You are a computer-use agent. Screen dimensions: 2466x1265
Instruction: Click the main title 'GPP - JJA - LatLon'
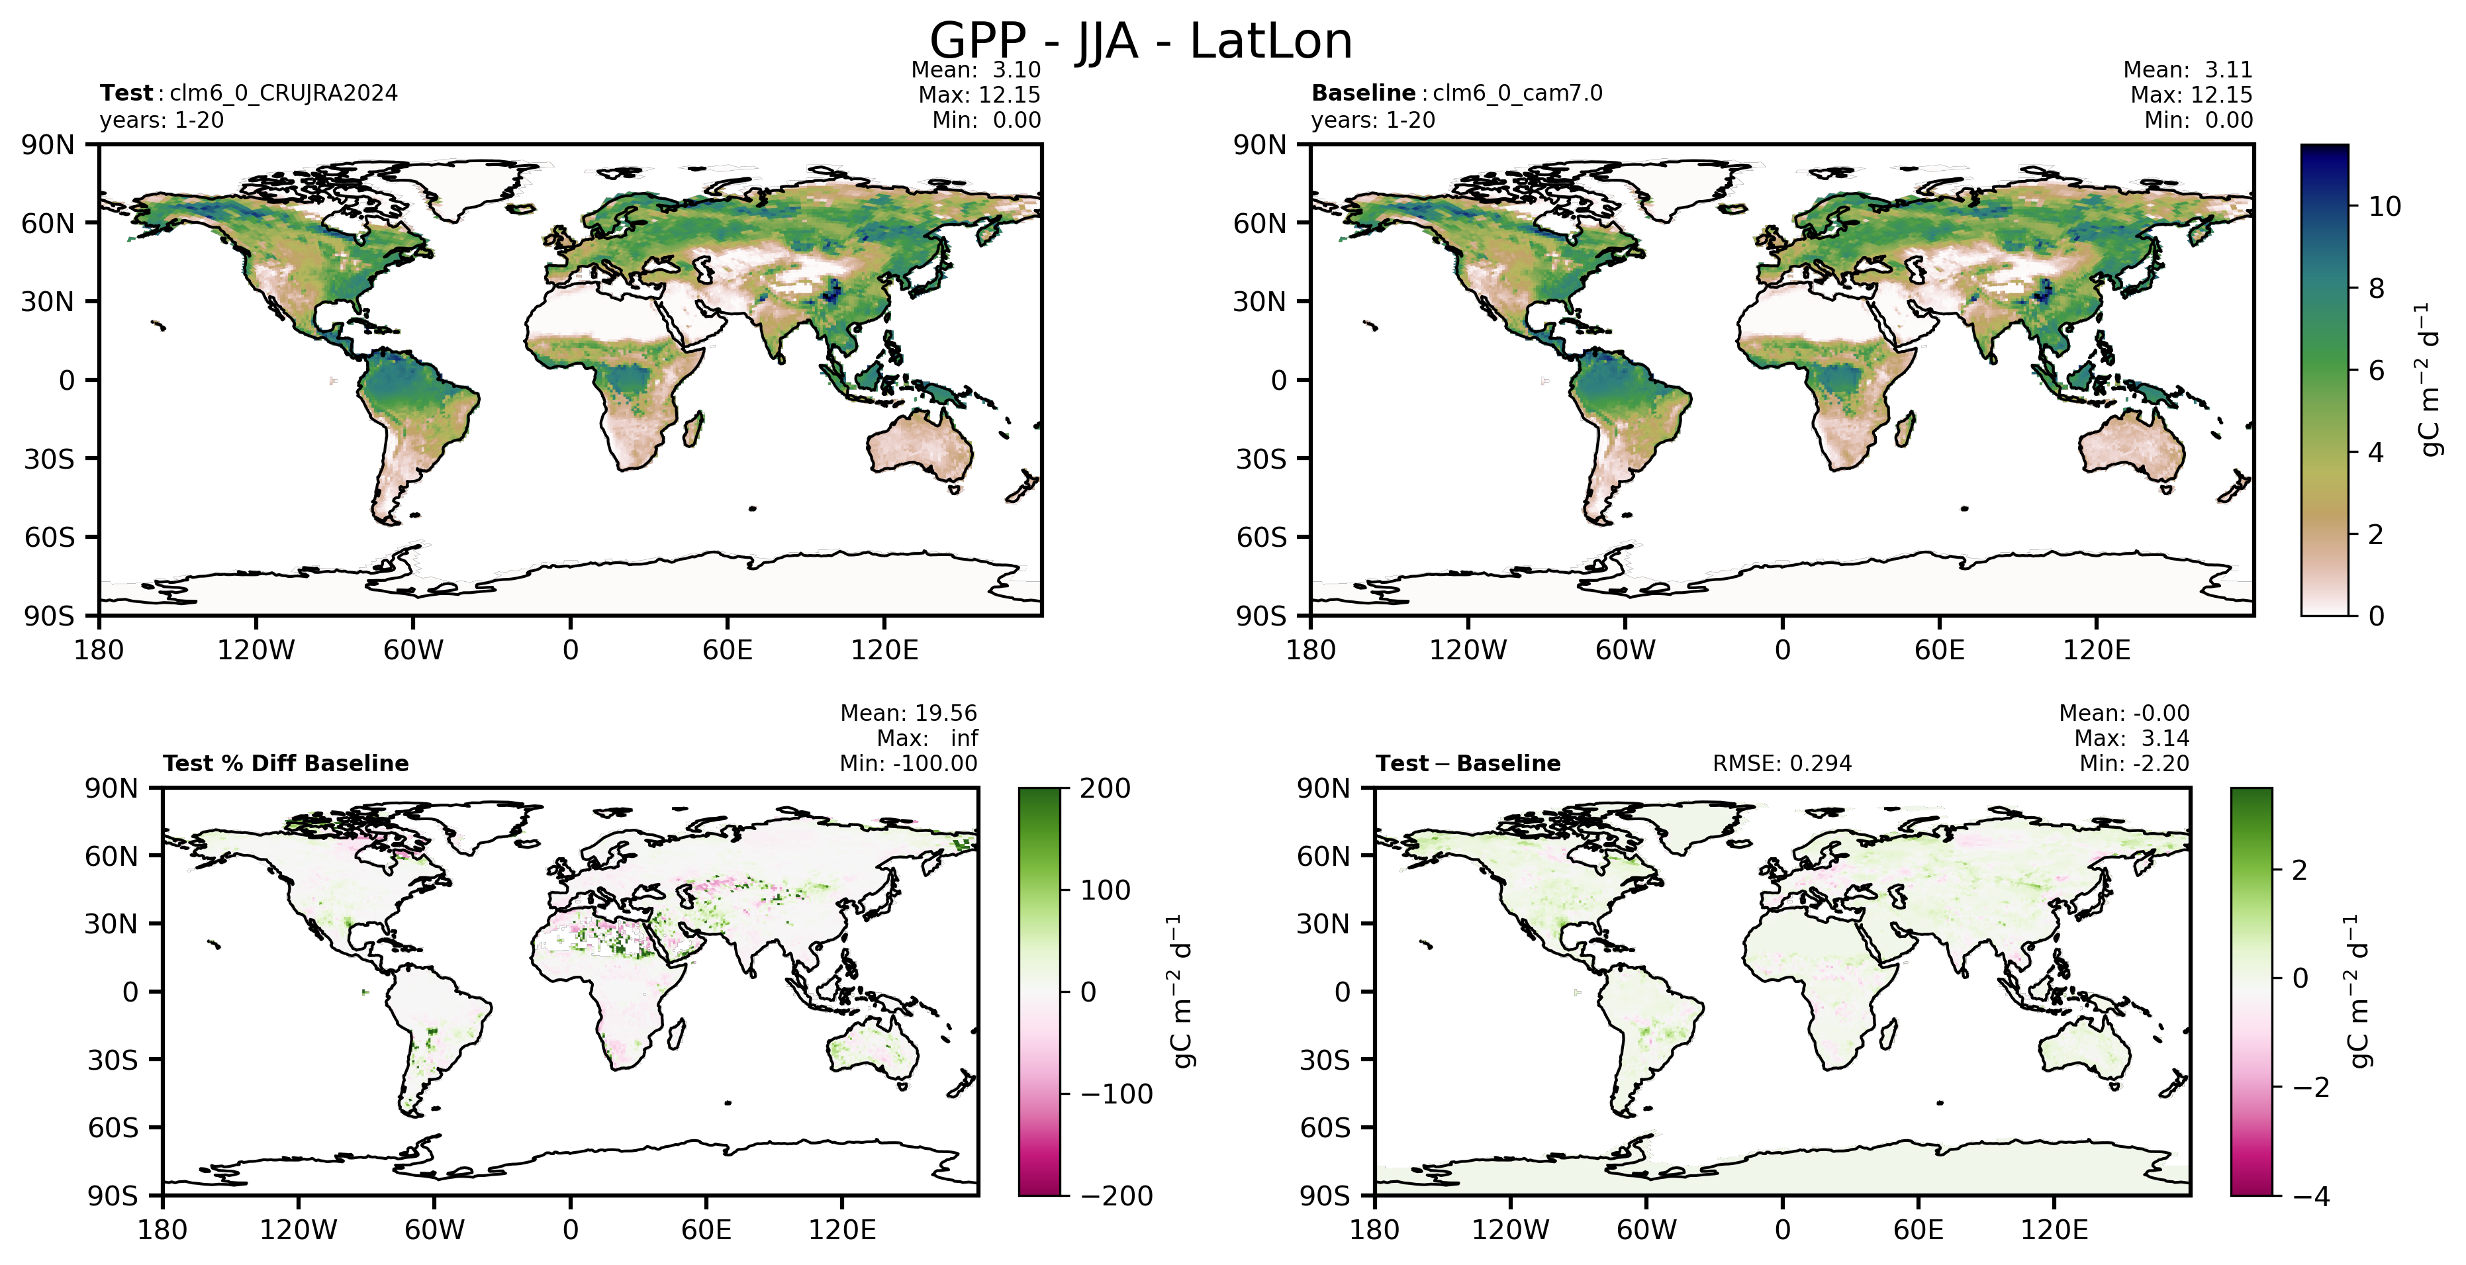1141,41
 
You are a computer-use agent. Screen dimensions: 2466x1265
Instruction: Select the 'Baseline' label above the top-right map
1363,93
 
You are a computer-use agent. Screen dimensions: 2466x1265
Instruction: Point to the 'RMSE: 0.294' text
1781,764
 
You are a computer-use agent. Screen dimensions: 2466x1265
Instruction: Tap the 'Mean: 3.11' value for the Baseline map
2187,70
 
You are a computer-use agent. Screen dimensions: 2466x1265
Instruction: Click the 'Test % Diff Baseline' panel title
285,764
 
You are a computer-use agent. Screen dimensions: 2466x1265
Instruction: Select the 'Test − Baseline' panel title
1468,764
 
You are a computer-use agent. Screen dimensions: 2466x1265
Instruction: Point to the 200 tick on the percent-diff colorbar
1106,788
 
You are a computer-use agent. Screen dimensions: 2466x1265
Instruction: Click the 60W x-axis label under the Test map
414,651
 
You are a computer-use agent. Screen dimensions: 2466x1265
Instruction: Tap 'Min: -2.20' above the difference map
2134,764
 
